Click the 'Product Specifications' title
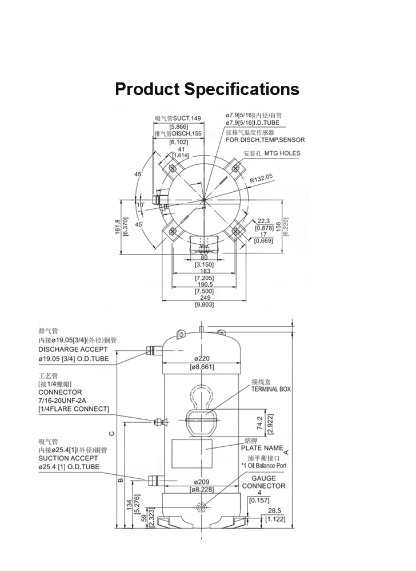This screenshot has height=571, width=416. [207, 89]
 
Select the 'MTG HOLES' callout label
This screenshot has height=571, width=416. [280, 153]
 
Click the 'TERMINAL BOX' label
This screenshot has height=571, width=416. [271, 389]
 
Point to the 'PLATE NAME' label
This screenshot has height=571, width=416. [266, 448]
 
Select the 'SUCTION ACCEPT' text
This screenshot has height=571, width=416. [68, 458]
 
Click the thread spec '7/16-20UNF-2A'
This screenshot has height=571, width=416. [67, 401]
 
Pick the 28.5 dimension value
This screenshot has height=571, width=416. [274, 510]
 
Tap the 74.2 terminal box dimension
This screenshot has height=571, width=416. [260, 424]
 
